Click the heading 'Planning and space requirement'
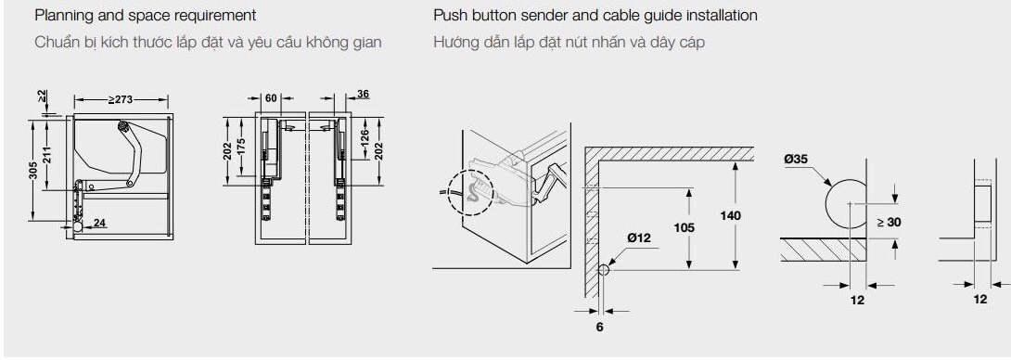[145, 16]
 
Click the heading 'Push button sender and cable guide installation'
[595, 16]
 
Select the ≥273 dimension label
[121, 99]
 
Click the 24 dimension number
[99, 224]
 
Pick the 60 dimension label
[271, 98]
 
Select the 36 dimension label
[363, 95]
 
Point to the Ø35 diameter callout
[797, 159]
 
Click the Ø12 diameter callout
[639, 238]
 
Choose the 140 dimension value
[731, 215]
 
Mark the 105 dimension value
[685, 227]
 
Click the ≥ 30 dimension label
[889, 222]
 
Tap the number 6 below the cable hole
[599, 328]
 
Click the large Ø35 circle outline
[825, 204]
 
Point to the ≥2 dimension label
[42, 98]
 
